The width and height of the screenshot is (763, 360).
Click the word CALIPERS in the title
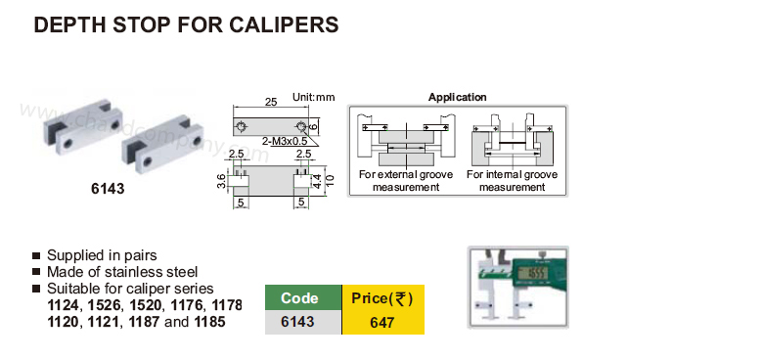click(x=285, y=24)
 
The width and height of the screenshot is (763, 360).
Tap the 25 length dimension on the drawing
click(x=271, y=102)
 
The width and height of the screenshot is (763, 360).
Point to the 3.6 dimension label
click(x=221, y=181)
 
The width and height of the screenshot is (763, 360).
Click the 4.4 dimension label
click(x=316, y=181)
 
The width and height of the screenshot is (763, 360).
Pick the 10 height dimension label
click(x=330, y=180)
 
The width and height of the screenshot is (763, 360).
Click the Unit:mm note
click(x=314, y=97)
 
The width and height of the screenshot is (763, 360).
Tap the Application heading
click(x=458, y=97)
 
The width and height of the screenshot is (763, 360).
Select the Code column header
click(x=299, y=298)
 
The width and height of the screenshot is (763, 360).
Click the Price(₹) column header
click(x=382, y=298)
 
